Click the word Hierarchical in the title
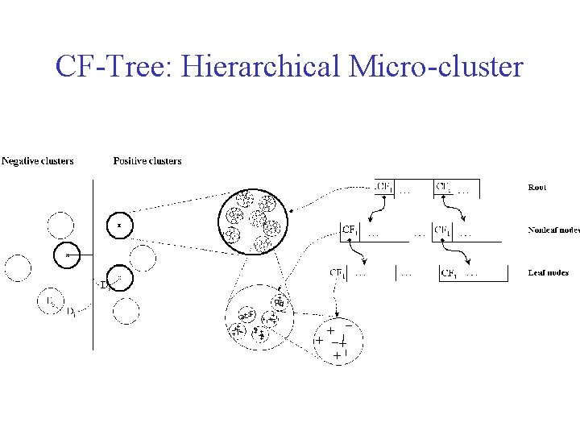click(x=262, y=68)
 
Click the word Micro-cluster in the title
click(x=436, y=68)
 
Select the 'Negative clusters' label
click(x=38, y=161)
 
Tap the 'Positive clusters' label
click(x=147, y=161)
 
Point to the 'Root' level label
click(x=536, y=187)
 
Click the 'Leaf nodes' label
click(x=548, y=272)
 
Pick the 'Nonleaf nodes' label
click(x=553, y=230)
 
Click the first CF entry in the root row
click(x=386, y=187)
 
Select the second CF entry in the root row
click(x=444, y=187)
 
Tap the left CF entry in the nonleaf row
click(x=351, y=230)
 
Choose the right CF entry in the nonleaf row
click(x=443, y=230)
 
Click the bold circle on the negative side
click(x=68, y=255)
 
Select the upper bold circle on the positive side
click(x=119, y=225)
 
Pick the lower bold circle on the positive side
click(x=119, y=278)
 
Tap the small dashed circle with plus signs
click(x=338, y=341)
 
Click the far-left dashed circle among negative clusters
click(x=18, y=267)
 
